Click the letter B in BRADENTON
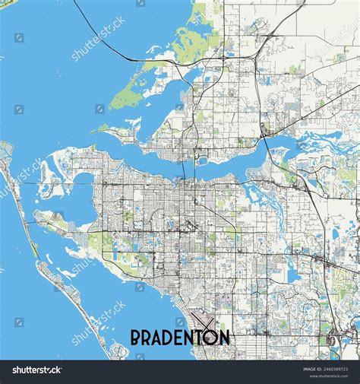pyautogui.click(x=137, y=336)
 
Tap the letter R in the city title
pyautogui.click(x=149, y=336)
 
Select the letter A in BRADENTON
pyautogui.click(x=160, y=336)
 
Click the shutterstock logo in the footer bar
pyautogui.click(x=32, y=370)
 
